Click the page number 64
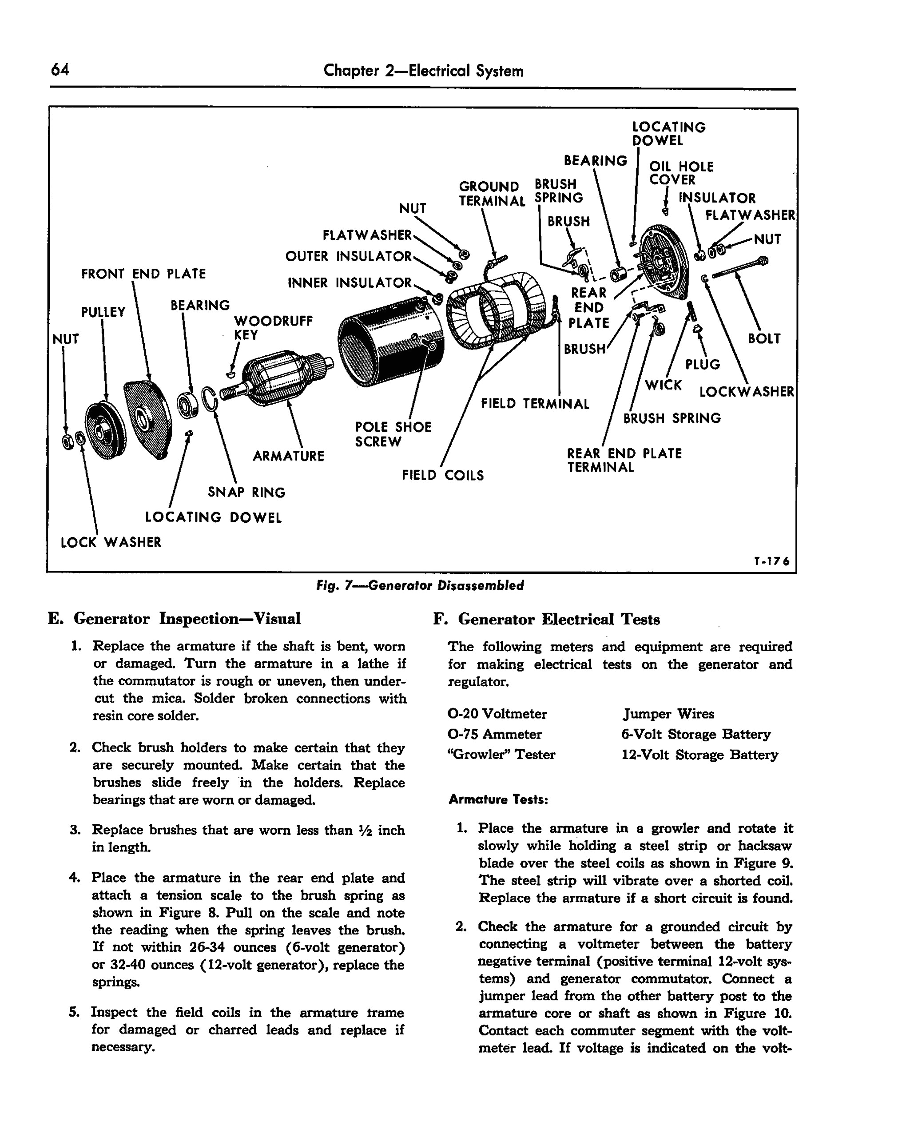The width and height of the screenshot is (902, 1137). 60,70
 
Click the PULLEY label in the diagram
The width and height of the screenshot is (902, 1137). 103,312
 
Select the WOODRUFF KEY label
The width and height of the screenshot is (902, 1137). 273,328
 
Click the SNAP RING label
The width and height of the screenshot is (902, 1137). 246,492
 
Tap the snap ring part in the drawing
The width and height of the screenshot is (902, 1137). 210,399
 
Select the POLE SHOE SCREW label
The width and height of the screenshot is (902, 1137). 393,434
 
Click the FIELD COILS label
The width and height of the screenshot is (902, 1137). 442,475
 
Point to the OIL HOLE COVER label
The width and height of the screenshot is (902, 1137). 680,173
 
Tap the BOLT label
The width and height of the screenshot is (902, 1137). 763,338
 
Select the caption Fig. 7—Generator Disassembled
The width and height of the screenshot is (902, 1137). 420,585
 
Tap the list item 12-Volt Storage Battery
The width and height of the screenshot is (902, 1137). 699,755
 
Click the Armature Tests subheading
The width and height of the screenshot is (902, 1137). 498,799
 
